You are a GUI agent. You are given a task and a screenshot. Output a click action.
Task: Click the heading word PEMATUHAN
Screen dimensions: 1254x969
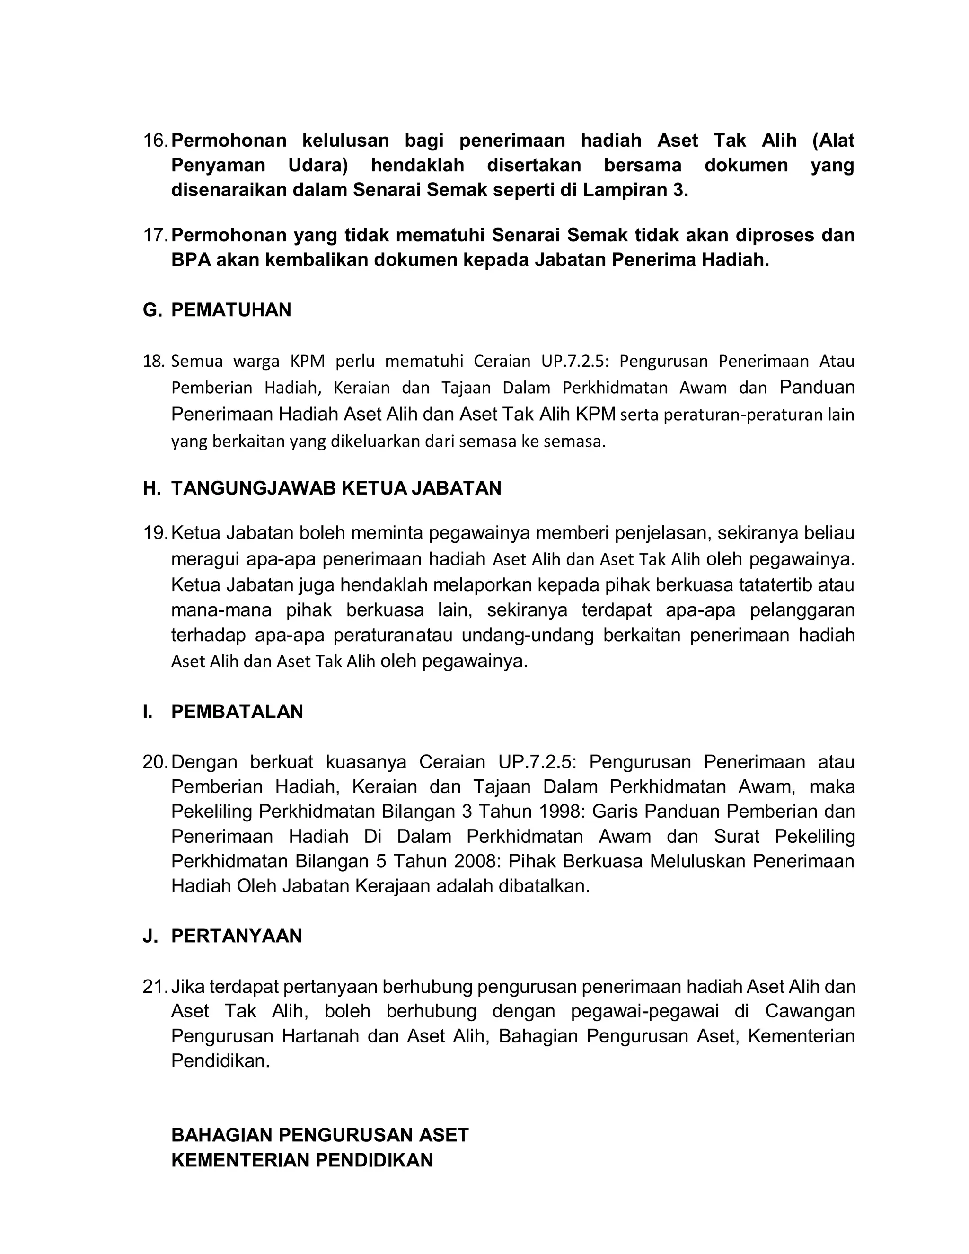coord(231,310)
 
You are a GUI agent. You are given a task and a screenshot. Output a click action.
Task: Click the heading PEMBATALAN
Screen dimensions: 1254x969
coord(237,711)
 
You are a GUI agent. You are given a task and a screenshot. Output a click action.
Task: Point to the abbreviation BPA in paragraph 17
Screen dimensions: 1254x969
coord(191,260)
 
